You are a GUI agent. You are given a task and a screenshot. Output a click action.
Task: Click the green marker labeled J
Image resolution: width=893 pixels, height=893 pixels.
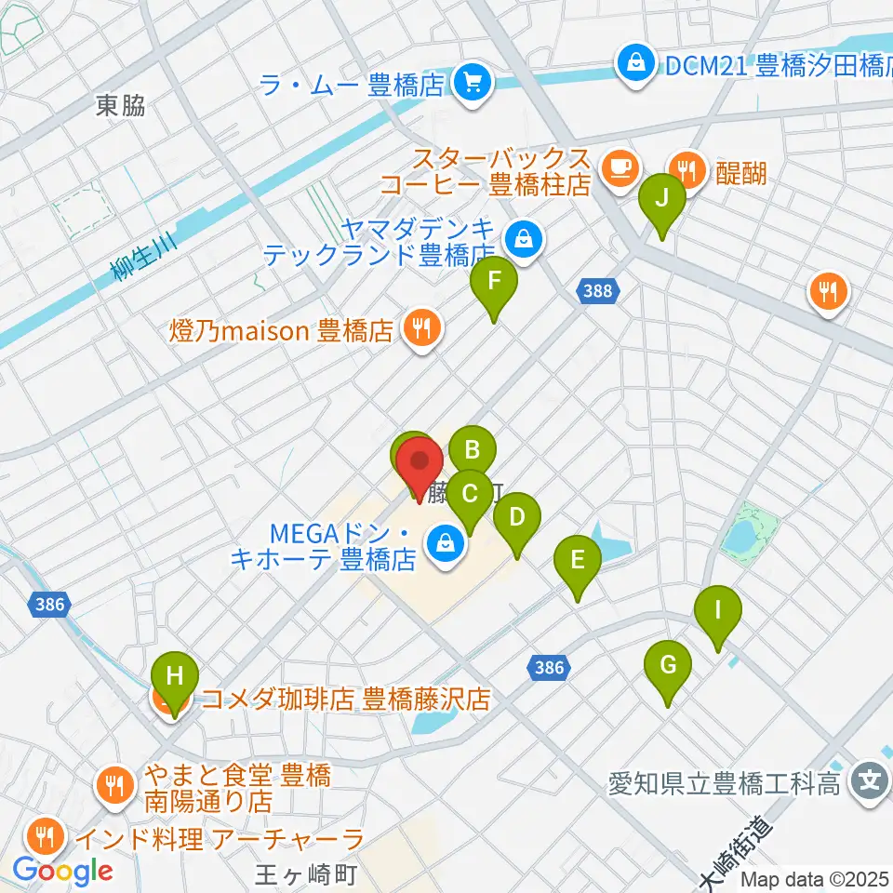tap(662, 199)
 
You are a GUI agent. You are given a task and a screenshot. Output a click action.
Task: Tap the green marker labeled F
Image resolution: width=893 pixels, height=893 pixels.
tap(494, 281)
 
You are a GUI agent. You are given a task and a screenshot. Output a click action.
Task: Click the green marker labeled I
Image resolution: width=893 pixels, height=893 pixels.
tap(718, 611)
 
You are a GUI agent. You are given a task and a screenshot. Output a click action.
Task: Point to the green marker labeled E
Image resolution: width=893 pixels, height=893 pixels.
tap(578, 561)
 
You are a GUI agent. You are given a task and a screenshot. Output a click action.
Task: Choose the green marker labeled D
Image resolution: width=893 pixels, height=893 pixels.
tap(517, 517)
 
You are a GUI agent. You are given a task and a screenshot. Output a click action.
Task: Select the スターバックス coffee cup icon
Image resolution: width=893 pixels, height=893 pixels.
tap(619, 167)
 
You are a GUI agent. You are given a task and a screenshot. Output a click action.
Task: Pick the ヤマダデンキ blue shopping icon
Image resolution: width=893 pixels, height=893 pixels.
tap(525, 237)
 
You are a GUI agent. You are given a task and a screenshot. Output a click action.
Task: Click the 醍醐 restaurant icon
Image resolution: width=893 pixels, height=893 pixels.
tap(687, 169)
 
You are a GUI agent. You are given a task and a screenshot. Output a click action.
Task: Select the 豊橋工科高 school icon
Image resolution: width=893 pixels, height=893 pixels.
tap(871, 780)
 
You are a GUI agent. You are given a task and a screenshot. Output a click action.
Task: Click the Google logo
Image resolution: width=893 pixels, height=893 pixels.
tap(62, 871)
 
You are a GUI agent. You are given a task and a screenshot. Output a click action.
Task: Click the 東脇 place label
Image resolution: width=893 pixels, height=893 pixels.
tap(121, 107)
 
